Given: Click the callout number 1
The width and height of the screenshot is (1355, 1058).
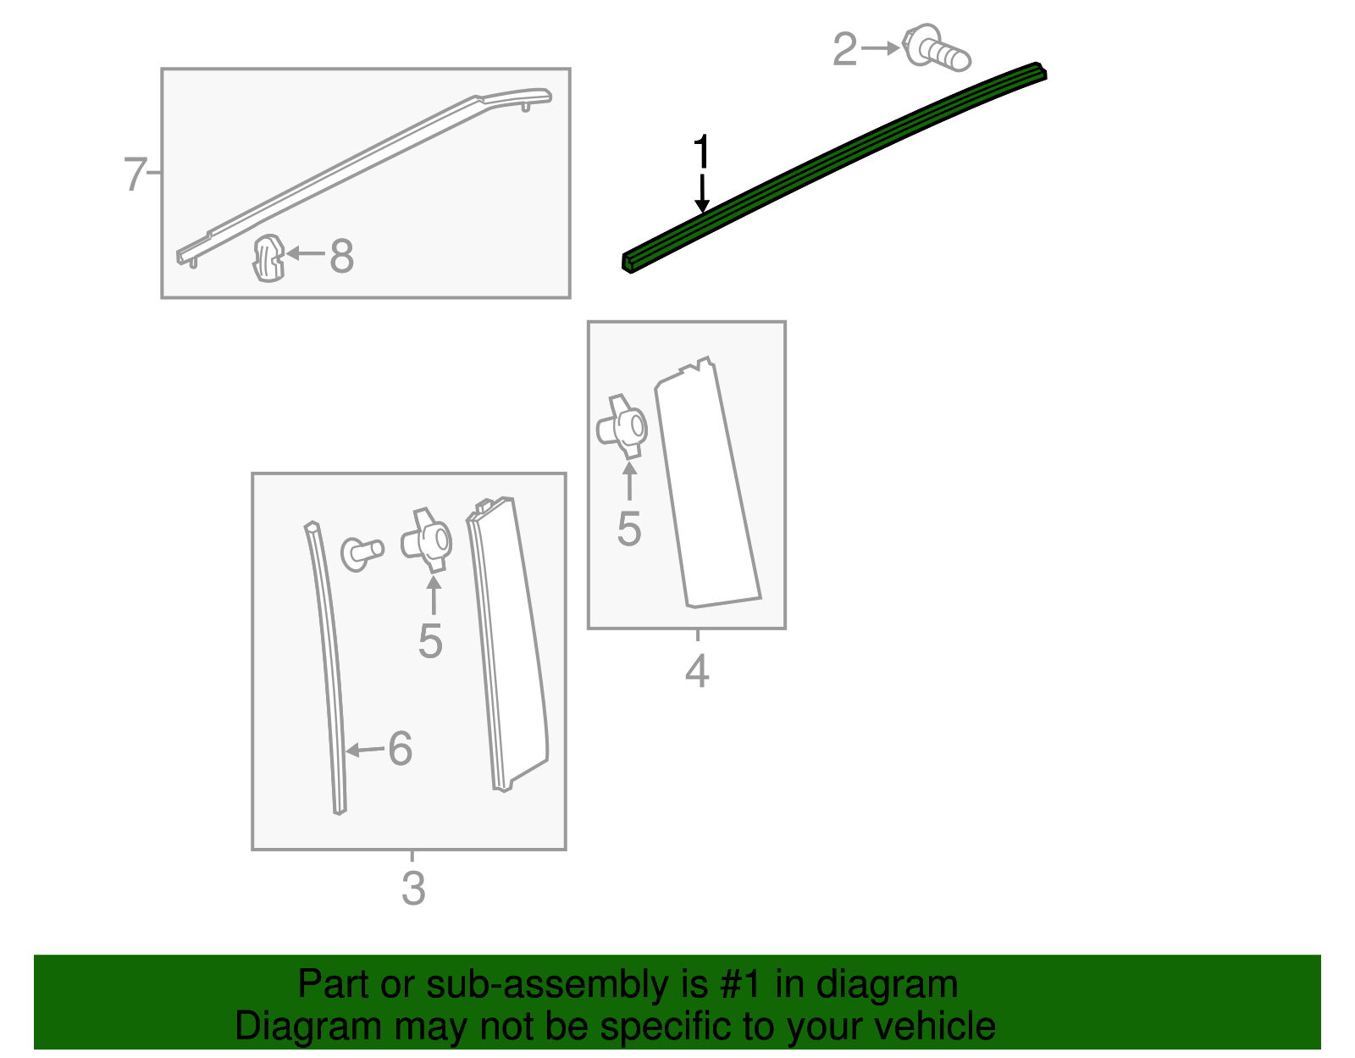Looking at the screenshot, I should point(700,153).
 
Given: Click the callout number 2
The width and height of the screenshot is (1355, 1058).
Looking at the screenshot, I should point(844,49).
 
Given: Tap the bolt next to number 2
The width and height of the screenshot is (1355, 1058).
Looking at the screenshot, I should point(936,48).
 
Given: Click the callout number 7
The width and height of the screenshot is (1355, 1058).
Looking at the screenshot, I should point(135,174).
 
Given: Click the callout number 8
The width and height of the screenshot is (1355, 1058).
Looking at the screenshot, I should point(341,256).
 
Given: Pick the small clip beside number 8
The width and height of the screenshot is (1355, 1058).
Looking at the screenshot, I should point(268,258).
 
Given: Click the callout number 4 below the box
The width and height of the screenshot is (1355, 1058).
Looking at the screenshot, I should point(696,672).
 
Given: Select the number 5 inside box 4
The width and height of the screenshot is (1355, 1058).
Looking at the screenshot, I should point(628,529).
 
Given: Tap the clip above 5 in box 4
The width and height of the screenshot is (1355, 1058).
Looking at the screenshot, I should point(622,427).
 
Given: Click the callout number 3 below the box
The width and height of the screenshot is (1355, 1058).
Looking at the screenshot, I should point(412,889).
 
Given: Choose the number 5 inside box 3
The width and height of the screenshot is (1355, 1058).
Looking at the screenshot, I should point(430,641).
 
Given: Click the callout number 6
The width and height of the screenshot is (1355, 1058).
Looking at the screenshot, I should point(400,749).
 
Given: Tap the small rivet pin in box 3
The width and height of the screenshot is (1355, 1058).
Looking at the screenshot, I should point(362,553).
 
